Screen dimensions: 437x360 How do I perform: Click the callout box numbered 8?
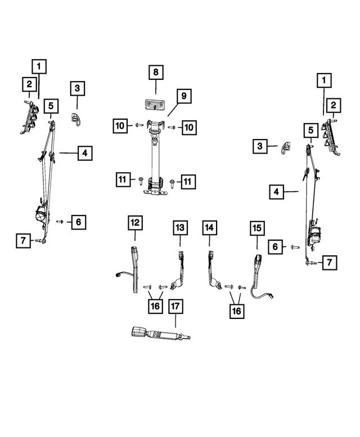(x=155, y=73)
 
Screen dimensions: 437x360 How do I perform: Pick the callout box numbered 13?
(x=179, y=228)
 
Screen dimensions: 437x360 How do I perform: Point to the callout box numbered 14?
(x=209, y=228)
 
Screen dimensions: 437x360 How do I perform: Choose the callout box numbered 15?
(x=256, y=228)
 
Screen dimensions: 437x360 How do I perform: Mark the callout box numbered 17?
(x=175, y=307)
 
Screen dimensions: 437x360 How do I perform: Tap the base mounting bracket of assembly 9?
(x=155, y=192)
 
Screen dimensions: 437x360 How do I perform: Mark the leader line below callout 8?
(x=155, y=88)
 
